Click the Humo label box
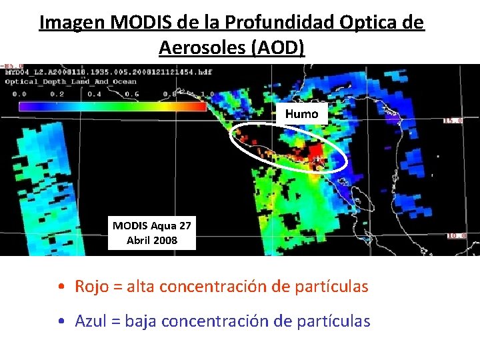coord(301,114)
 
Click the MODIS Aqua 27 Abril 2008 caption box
coord(152,233)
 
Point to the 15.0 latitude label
coord(453,121)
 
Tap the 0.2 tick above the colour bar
coord(59,94)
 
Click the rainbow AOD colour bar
coord(112,106)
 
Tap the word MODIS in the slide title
coord(139,23)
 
